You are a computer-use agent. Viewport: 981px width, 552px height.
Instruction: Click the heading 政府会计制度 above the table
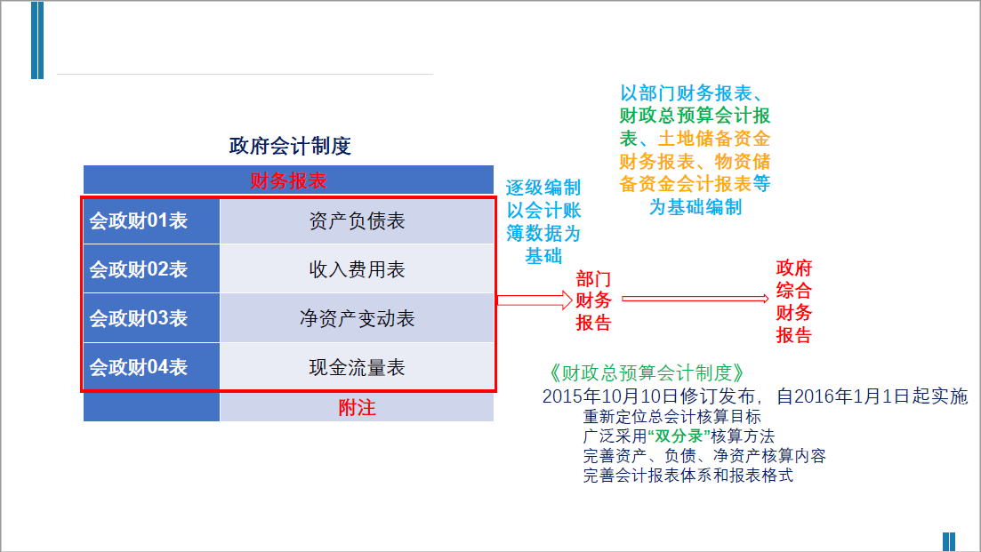pos(289,146)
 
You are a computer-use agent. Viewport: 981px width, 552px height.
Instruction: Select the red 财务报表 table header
pos(288,181)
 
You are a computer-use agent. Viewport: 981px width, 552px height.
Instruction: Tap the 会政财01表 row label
pos(139,220)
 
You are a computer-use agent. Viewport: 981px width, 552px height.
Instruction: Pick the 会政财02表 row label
pos(139,269)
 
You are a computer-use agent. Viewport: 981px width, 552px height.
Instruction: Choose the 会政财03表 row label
pos(139,318)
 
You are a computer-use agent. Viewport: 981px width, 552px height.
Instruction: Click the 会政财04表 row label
pos(139,366)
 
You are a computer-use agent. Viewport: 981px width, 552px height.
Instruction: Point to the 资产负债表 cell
pos(357,220)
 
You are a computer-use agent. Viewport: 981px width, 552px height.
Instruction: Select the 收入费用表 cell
pos(357,269)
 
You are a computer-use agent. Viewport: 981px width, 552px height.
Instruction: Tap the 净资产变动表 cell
pos(357,318)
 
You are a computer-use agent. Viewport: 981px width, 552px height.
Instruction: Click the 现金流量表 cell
pos(357,366)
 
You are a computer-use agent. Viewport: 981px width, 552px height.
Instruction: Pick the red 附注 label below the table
pos(357,408)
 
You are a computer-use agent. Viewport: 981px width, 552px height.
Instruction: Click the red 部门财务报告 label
pos(593,300)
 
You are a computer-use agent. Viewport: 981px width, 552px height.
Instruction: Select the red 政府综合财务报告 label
pos(794,301)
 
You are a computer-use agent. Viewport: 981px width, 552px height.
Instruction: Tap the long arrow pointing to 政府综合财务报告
pos(695,300)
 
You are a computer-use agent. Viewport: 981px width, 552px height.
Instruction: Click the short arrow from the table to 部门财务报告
pos(532,300)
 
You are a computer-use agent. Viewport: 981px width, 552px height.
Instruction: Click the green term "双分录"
pos(681,436)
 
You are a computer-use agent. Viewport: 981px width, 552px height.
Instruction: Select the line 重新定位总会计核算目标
pos(671,416)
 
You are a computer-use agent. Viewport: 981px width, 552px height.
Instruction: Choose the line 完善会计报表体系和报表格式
pos(688,476)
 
